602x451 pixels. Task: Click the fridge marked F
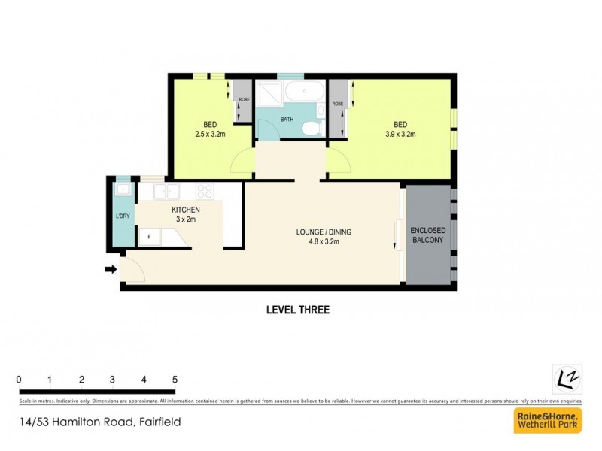click(x=149, y=236)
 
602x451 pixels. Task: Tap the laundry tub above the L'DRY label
click(x=122, y=190)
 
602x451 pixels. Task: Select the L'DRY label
click(x=122, y=216)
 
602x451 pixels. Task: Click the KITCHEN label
click(x=185, y=210)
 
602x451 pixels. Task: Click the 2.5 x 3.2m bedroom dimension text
click(x=210, y=135)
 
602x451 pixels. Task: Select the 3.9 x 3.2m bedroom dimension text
click(x=400, y=135)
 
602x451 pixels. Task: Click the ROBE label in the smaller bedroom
click(x=244, y=100)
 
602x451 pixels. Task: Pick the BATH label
click(x=287, y=120)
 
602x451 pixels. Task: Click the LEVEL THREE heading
click(x=298, y=309)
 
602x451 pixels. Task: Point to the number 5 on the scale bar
click(x=175, y=378)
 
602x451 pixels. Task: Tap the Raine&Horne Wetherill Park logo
click(x=547, y=421)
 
